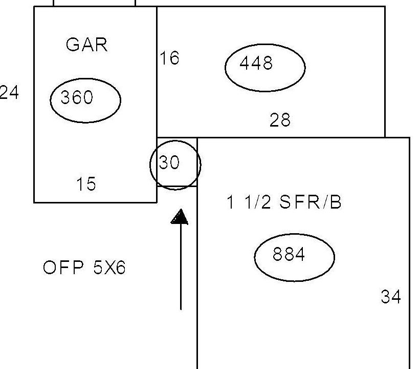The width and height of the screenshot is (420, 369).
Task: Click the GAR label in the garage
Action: pos(87,45)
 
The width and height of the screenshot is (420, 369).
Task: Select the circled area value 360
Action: pos(77,97)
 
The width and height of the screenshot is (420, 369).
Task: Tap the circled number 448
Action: pos(256,63)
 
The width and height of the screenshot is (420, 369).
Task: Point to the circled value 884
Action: pos(289,254)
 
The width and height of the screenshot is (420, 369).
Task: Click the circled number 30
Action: pos(169,162)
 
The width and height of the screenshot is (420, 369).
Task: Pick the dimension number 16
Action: pos(169,58)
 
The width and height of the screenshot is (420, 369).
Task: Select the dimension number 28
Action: pos(280,120)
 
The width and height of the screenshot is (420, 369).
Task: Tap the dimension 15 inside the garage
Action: pos(86,184)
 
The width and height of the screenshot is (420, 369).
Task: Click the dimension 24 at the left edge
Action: pos(9,92)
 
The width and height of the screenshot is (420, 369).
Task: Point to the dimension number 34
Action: pos(391,297)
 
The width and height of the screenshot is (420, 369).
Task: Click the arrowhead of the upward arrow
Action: pos(180,217)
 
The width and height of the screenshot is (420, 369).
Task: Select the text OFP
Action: pos(63,268)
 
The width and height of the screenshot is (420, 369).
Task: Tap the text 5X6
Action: pos(109,268)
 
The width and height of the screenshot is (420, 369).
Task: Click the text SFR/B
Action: pos(311,202)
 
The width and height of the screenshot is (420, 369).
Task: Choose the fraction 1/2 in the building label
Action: pos(257,202)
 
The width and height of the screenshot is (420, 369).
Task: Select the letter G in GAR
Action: pos(72,45)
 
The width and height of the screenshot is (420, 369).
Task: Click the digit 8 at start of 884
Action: pos(277,254)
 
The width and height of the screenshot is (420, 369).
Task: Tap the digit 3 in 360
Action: pos(65,97)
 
